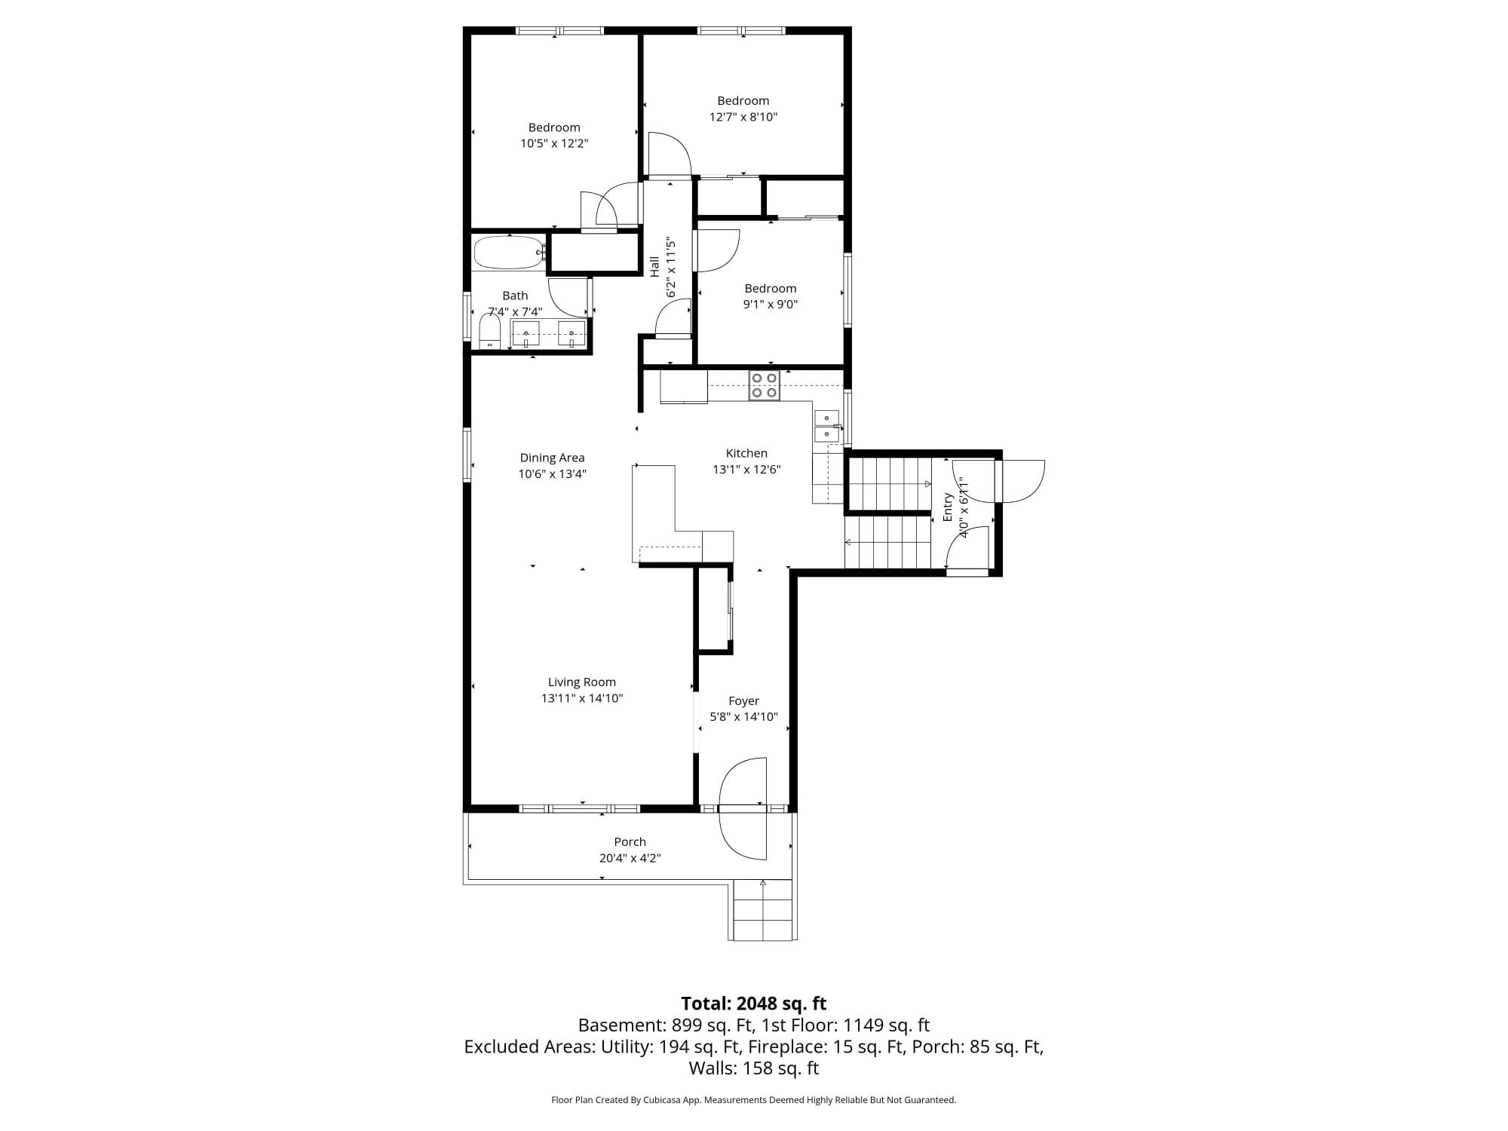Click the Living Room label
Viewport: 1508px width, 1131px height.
[581, 682]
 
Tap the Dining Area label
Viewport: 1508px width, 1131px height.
[552, 458]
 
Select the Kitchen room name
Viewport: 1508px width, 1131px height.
[746, 453]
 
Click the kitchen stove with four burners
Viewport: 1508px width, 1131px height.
[765, 385]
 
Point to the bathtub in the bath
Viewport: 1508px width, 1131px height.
[508, 253]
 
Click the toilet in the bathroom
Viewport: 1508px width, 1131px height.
[490, 332]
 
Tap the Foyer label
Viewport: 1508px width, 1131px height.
[743, 701]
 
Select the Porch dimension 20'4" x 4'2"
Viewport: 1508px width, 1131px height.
[630, 858]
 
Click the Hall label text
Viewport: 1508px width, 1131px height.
[654, 266]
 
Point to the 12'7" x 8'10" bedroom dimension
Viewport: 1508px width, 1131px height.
[743, 117]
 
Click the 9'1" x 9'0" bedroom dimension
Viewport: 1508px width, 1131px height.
[770, 305]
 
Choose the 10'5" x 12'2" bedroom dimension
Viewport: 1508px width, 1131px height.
[554, 143]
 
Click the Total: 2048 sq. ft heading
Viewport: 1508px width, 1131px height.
[754, 1004]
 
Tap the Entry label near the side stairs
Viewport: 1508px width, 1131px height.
[948, 507]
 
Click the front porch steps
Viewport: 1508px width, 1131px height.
[762, 910]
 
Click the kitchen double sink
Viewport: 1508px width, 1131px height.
[827, 426]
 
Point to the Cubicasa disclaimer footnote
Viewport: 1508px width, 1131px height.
[754, 1100]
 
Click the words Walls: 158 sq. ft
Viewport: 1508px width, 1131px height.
[754, 1068]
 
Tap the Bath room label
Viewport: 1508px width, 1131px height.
[515, 296]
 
